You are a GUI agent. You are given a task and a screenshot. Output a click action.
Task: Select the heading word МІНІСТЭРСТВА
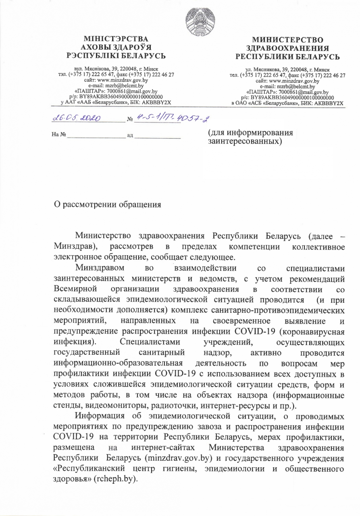pyautogui.click(x=116, y=39)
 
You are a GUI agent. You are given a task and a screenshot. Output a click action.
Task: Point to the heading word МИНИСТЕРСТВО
pyautogui.click(x=288, y=40)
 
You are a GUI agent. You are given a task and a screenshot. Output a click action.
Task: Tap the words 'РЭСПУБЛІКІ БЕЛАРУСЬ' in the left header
pyautogui.click(x=116, y=56)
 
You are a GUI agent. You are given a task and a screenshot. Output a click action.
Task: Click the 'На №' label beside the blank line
pyautogui.click(x=59, y=136)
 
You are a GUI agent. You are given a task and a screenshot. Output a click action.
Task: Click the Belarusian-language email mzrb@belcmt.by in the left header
pyautogui.click(x=116, y=85)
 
